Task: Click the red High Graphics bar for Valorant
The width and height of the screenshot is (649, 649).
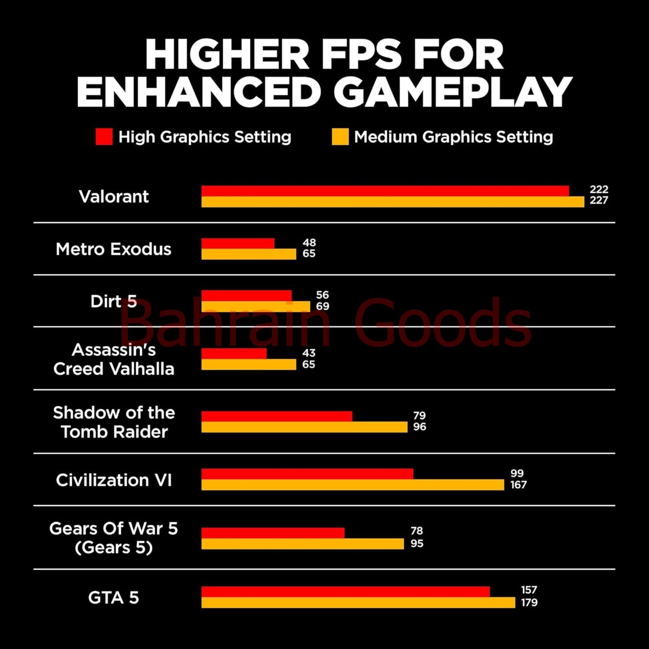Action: pos(385,191)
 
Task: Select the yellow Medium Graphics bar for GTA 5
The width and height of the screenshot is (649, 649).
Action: pos(358,603)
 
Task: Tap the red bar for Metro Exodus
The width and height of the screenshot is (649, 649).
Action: pos(238,243)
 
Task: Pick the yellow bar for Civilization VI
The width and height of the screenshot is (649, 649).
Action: pos(353,485)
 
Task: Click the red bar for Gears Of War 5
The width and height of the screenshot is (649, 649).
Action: pos(273,533)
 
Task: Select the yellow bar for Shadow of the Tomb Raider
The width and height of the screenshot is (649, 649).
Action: pos(304,427)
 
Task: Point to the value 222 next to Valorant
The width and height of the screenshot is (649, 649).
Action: pos(599,190)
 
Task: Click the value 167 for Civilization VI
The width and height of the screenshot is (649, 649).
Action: pos(518,485)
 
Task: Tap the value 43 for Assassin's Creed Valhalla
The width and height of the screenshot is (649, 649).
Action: pos(309,353)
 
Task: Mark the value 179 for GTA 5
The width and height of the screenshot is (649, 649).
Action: pos(529,603)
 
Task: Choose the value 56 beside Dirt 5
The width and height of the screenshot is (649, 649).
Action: pos(322,295)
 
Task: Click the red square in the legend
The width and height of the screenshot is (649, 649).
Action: pos(104,137)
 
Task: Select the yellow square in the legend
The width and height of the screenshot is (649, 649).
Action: pos(340,137)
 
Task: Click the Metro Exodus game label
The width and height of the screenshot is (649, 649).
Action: pos(114,249)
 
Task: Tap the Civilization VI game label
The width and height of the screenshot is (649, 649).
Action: pos(114,480)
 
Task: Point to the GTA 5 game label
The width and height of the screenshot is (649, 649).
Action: pos(114,598)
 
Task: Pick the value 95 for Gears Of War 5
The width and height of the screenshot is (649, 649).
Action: pos(417,543)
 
